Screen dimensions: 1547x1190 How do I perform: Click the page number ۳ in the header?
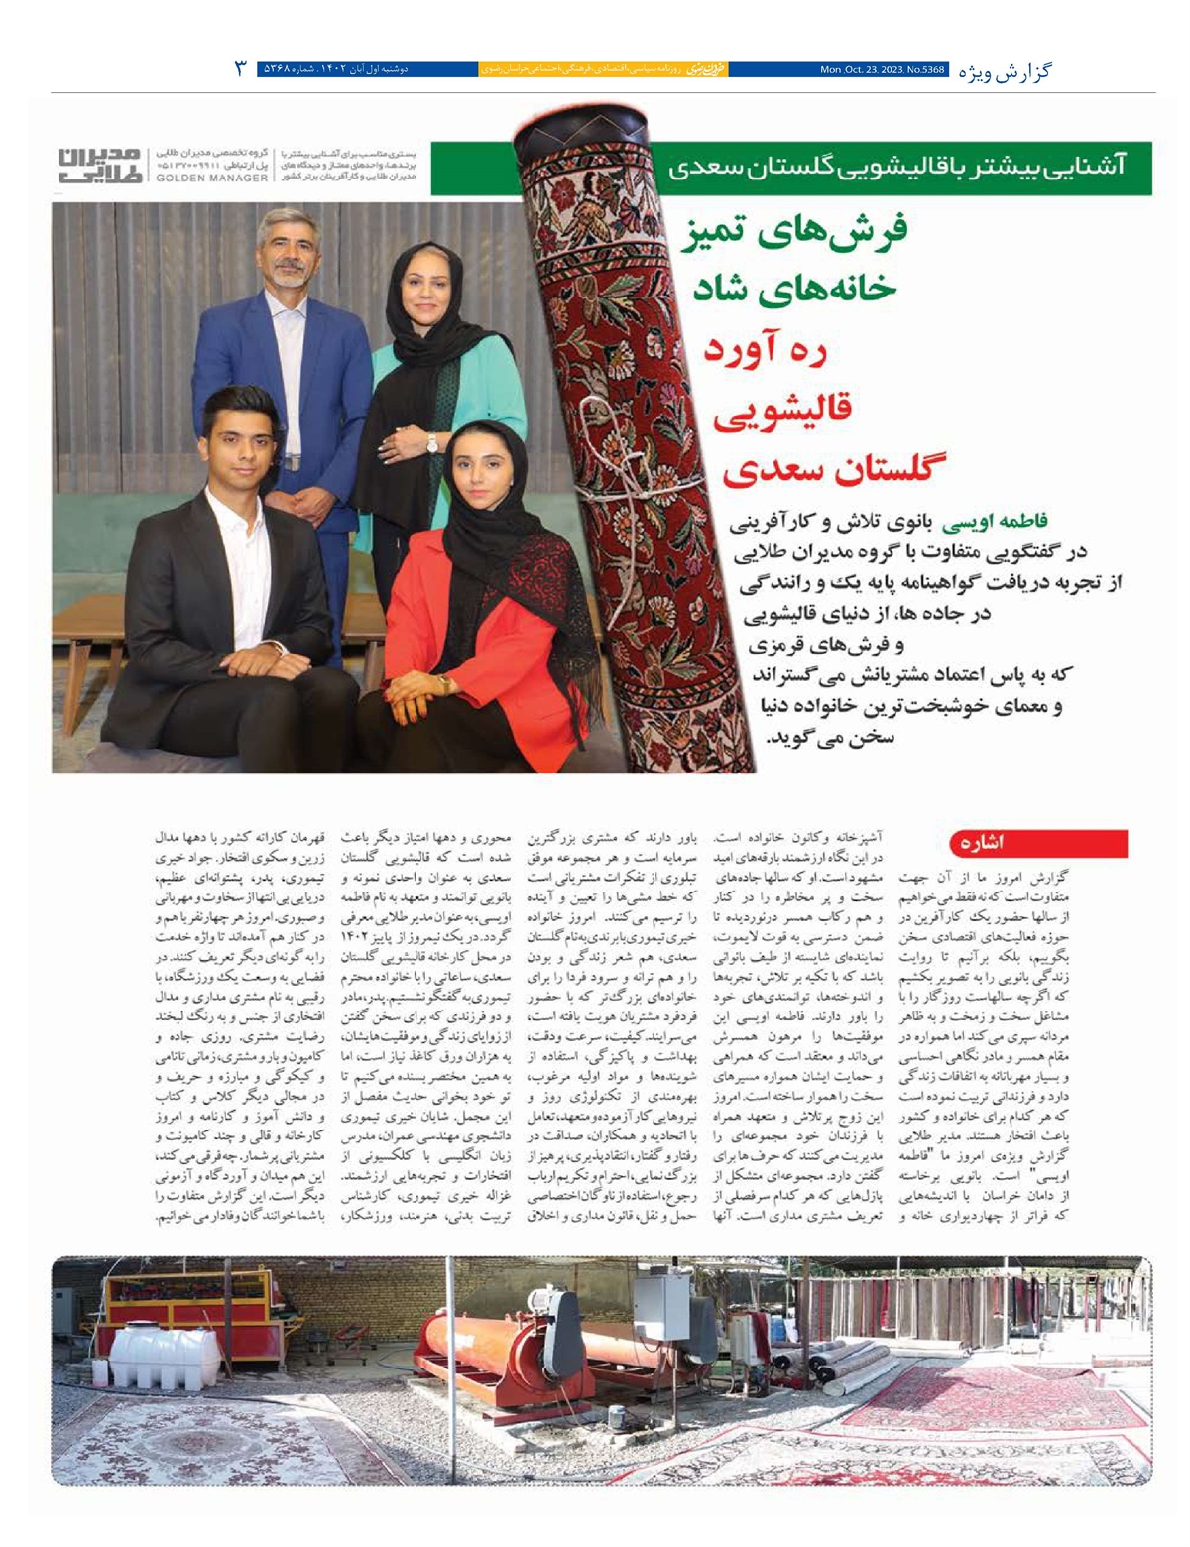[x=240, y=69]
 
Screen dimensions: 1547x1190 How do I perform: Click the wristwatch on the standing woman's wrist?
[x=432, y=445]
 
